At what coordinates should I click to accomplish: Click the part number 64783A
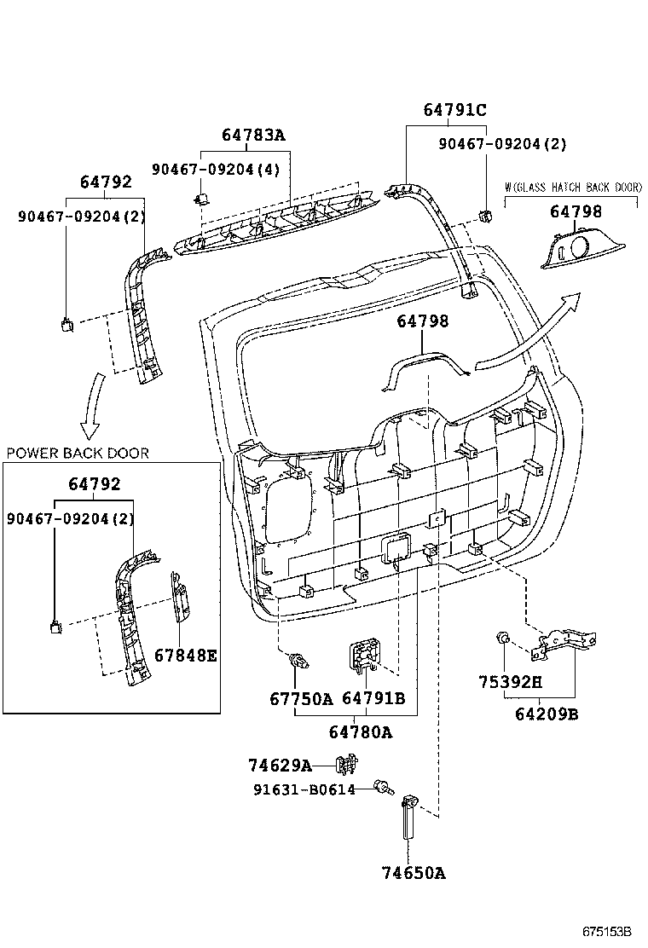point(253,135)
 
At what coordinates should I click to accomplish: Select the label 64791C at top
point(454,109)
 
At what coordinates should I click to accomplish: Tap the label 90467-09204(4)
point(216,169)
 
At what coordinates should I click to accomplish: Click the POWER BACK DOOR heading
point(78,453)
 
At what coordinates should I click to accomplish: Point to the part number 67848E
point(186,656)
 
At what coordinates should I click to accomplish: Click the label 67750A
point(301,698)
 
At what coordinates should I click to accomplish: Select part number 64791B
point(373,698)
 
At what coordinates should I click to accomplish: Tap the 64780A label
point(361,732)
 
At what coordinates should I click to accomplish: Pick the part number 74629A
point(280,765)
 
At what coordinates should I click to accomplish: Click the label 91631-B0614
point(304,789)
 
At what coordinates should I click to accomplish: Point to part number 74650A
point(413,872)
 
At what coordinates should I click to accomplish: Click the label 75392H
point(511,682)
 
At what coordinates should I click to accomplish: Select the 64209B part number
point(547,714)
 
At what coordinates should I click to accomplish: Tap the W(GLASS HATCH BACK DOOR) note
point(572,187)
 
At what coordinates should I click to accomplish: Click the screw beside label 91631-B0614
point(383,788)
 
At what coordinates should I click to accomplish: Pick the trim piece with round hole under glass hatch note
point(572,249)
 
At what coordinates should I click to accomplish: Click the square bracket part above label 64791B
point(364,656)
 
